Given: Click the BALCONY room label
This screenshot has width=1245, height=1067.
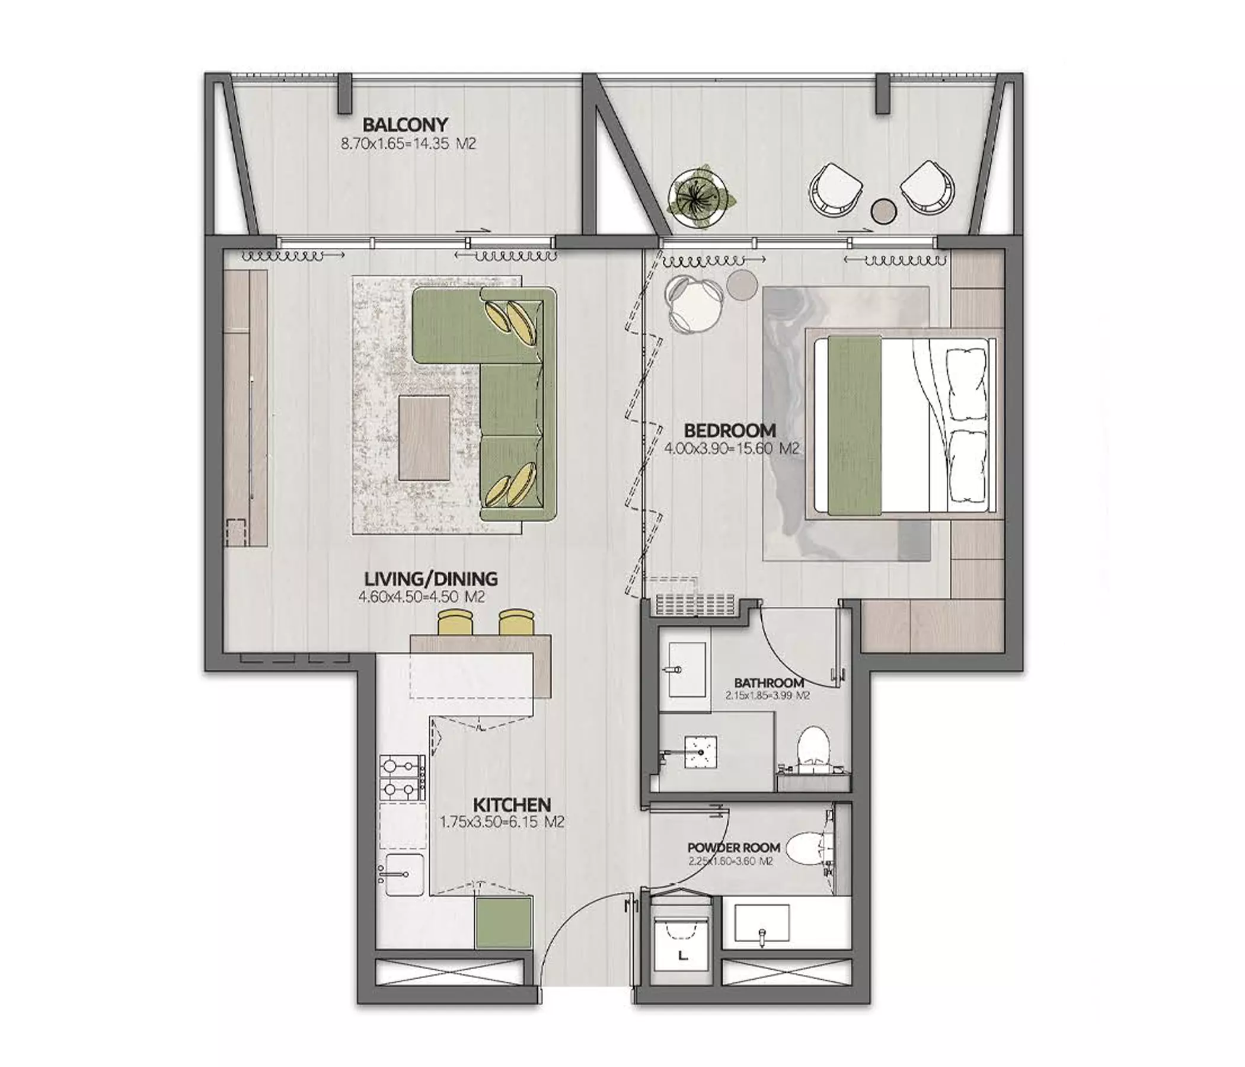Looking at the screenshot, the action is point(405,125).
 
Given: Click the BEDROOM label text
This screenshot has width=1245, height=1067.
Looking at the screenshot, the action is point(729,430).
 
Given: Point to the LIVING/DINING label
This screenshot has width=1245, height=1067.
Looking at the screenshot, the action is point(431,579).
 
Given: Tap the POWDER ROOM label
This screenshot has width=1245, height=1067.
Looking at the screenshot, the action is point(734,848).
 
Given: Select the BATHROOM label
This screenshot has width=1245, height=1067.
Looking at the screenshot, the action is point(769,683).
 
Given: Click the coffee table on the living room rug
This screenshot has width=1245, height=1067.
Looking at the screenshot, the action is point(424,437).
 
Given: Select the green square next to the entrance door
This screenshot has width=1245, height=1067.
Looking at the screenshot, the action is point(504,922).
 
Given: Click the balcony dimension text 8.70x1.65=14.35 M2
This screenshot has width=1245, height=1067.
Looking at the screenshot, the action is point(408,144).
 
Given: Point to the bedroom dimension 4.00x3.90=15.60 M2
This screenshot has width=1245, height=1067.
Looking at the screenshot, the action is point(732,448).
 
